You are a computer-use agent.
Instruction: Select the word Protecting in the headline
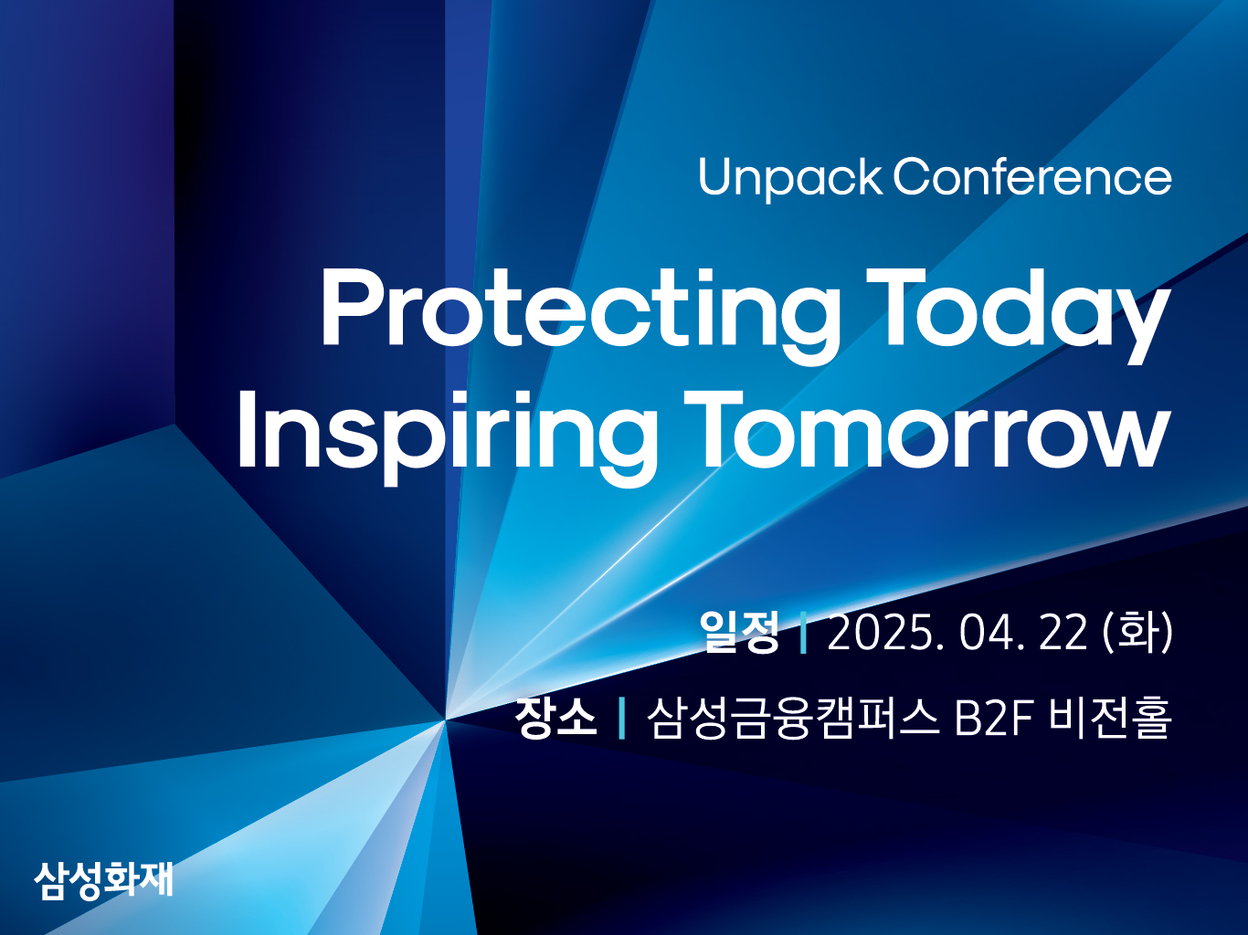coord(580,316)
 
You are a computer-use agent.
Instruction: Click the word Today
coord(1018,316)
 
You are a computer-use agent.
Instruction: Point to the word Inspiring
coord(448,438)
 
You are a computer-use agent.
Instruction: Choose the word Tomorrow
coord(927,429)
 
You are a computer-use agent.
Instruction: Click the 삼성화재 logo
coord(103,880)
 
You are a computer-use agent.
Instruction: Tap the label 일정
coord(740,631)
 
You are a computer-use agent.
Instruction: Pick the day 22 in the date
coord(1063,633)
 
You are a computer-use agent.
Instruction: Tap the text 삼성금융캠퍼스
coord(793,718)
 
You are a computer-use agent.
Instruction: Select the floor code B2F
coord(993,719)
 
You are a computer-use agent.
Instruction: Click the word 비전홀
coord(1110,718)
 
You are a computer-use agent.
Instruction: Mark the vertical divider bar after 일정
coord(803,632)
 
